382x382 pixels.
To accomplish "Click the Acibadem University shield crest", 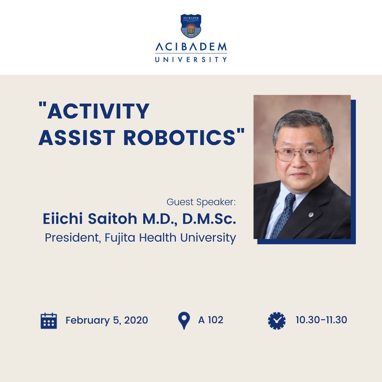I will tap(191, 26).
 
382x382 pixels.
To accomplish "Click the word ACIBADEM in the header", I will tap(191, 47).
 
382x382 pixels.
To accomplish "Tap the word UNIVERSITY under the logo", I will tap(191, 59).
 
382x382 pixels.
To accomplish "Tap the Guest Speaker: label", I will tap(201, 202).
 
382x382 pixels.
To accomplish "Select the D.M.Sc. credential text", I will tap(209, 219).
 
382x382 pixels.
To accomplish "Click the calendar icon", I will tap(49, 321).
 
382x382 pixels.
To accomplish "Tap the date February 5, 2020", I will tap(107, 320).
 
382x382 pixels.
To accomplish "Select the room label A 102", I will tap(211, 320).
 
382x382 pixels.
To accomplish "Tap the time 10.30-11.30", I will tap(321, 320).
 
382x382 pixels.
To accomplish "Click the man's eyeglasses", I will tap(302, 154).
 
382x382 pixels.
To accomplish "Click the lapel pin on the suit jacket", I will tap(311, 214).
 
